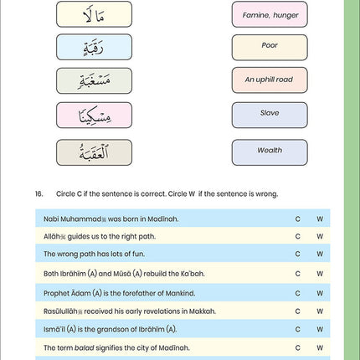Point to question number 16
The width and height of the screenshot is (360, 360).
(x=39, y=193)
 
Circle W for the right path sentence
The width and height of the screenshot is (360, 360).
(x=320, y=236)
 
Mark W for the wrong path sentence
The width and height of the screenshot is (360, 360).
(x=320, y=255)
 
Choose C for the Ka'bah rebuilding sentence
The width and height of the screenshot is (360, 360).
(x=298, y=273)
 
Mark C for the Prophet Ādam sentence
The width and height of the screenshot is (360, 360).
(x=298, y=292)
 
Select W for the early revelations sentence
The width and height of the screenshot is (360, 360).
(x=320, y=310)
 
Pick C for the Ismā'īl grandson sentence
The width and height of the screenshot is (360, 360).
(x=298, y=328)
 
